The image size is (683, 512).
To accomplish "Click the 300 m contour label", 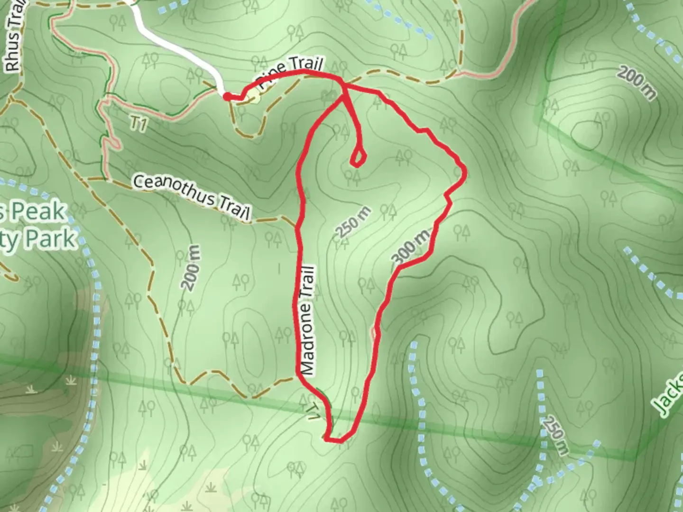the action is tap(412, 246).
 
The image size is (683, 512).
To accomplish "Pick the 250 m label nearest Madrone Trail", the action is tap(353, 222).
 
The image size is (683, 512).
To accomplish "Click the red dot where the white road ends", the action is tap(227, 97).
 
